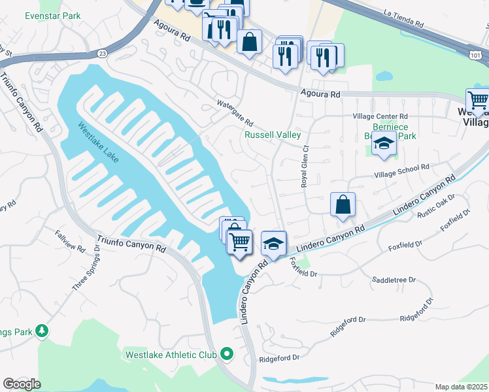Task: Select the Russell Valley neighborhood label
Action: (x=273, y=135)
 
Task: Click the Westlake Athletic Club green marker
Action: (x=227, y=355)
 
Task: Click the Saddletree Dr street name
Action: (x=394, y=280)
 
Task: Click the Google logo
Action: (x=22, y=384)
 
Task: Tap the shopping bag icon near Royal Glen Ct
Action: (x=343, y=205)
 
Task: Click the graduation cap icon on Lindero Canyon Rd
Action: (x=274, y=244)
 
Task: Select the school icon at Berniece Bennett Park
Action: (x=384, y=144)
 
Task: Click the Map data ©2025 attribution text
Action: (x=461, y=387)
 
